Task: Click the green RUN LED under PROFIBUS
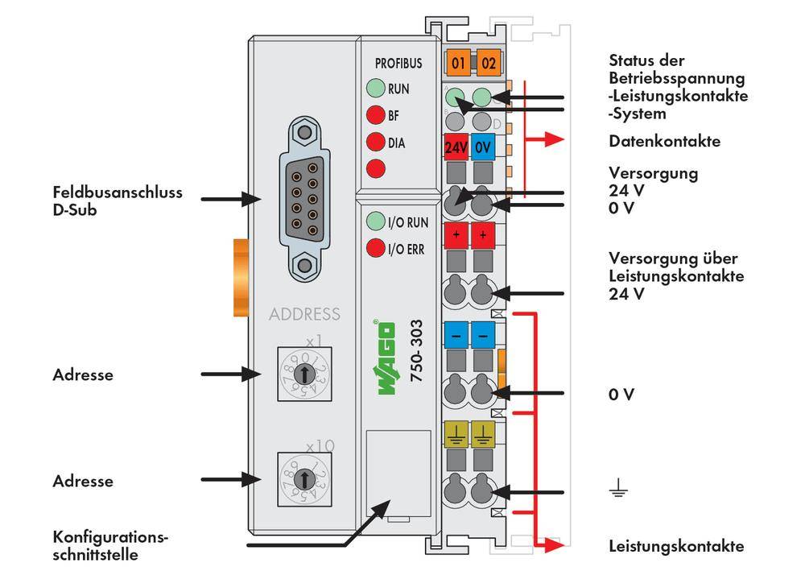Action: tap(374, 88)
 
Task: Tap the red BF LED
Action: tap(374, 115)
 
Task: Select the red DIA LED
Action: tap(374, 143)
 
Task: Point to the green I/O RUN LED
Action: tap(374, 221)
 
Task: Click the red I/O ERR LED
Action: tap(374, 248)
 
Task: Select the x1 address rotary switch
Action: tap(303, 373)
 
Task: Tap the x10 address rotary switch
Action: tap(303, 479)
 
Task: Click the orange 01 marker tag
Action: tap(457, 62)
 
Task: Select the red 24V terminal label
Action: tap(456, 148)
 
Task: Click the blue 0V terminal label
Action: tap(483, 148)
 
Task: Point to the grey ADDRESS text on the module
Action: tap(304, 314)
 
